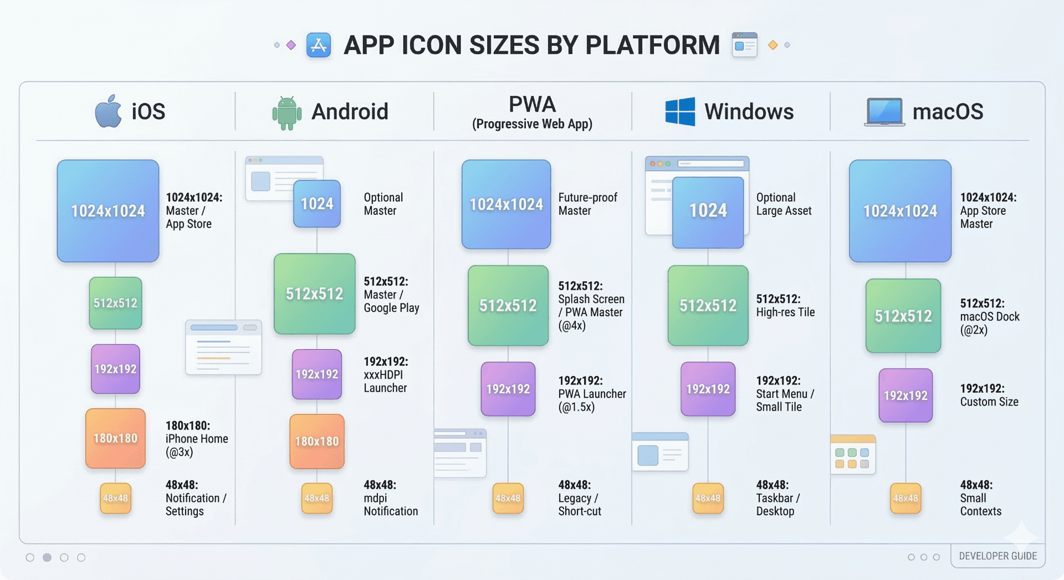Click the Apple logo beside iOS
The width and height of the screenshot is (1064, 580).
pos(109,111)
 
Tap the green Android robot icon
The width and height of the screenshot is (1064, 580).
pos(287,113)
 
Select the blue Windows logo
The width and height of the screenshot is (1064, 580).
pos(680,111)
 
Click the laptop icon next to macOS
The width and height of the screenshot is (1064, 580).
pos(884,112)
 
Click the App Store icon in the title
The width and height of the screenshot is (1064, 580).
pos(319,45)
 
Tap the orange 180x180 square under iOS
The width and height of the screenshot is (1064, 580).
pos(115,438)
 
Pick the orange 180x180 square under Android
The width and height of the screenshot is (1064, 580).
pos(316,442)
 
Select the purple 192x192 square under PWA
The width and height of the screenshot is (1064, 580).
pos(508,389)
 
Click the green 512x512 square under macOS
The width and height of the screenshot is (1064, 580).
pos(903,316)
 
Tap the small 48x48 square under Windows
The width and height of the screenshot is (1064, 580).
pos(708,498)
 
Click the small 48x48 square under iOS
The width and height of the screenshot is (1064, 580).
pos(115,498)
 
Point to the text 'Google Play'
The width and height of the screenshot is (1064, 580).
pos(391,308)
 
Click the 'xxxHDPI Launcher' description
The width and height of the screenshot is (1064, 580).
pos(385,381)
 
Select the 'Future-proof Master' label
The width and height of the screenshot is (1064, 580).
pos(587,204)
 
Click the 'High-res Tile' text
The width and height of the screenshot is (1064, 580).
pos(785,312)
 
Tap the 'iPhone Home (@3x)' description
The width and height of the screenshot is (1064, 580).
pos(196,445)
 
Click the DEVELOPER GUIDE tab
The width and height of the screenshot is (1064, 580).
pos(997,556)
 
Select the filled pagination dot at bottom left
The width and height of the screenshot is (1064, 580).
pos(47,557)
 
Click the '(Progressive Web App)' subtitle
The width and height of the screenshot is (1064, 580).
pos(532,124)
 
